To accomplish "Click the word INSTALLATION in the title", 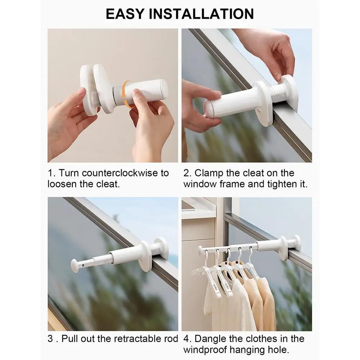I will tap(202, 14).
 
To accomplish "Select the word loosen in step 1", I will tap(62, 184).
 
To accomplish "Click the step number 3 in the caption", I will tap(51, 339).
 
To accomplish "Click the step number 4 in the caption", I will tap(186, 339).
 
